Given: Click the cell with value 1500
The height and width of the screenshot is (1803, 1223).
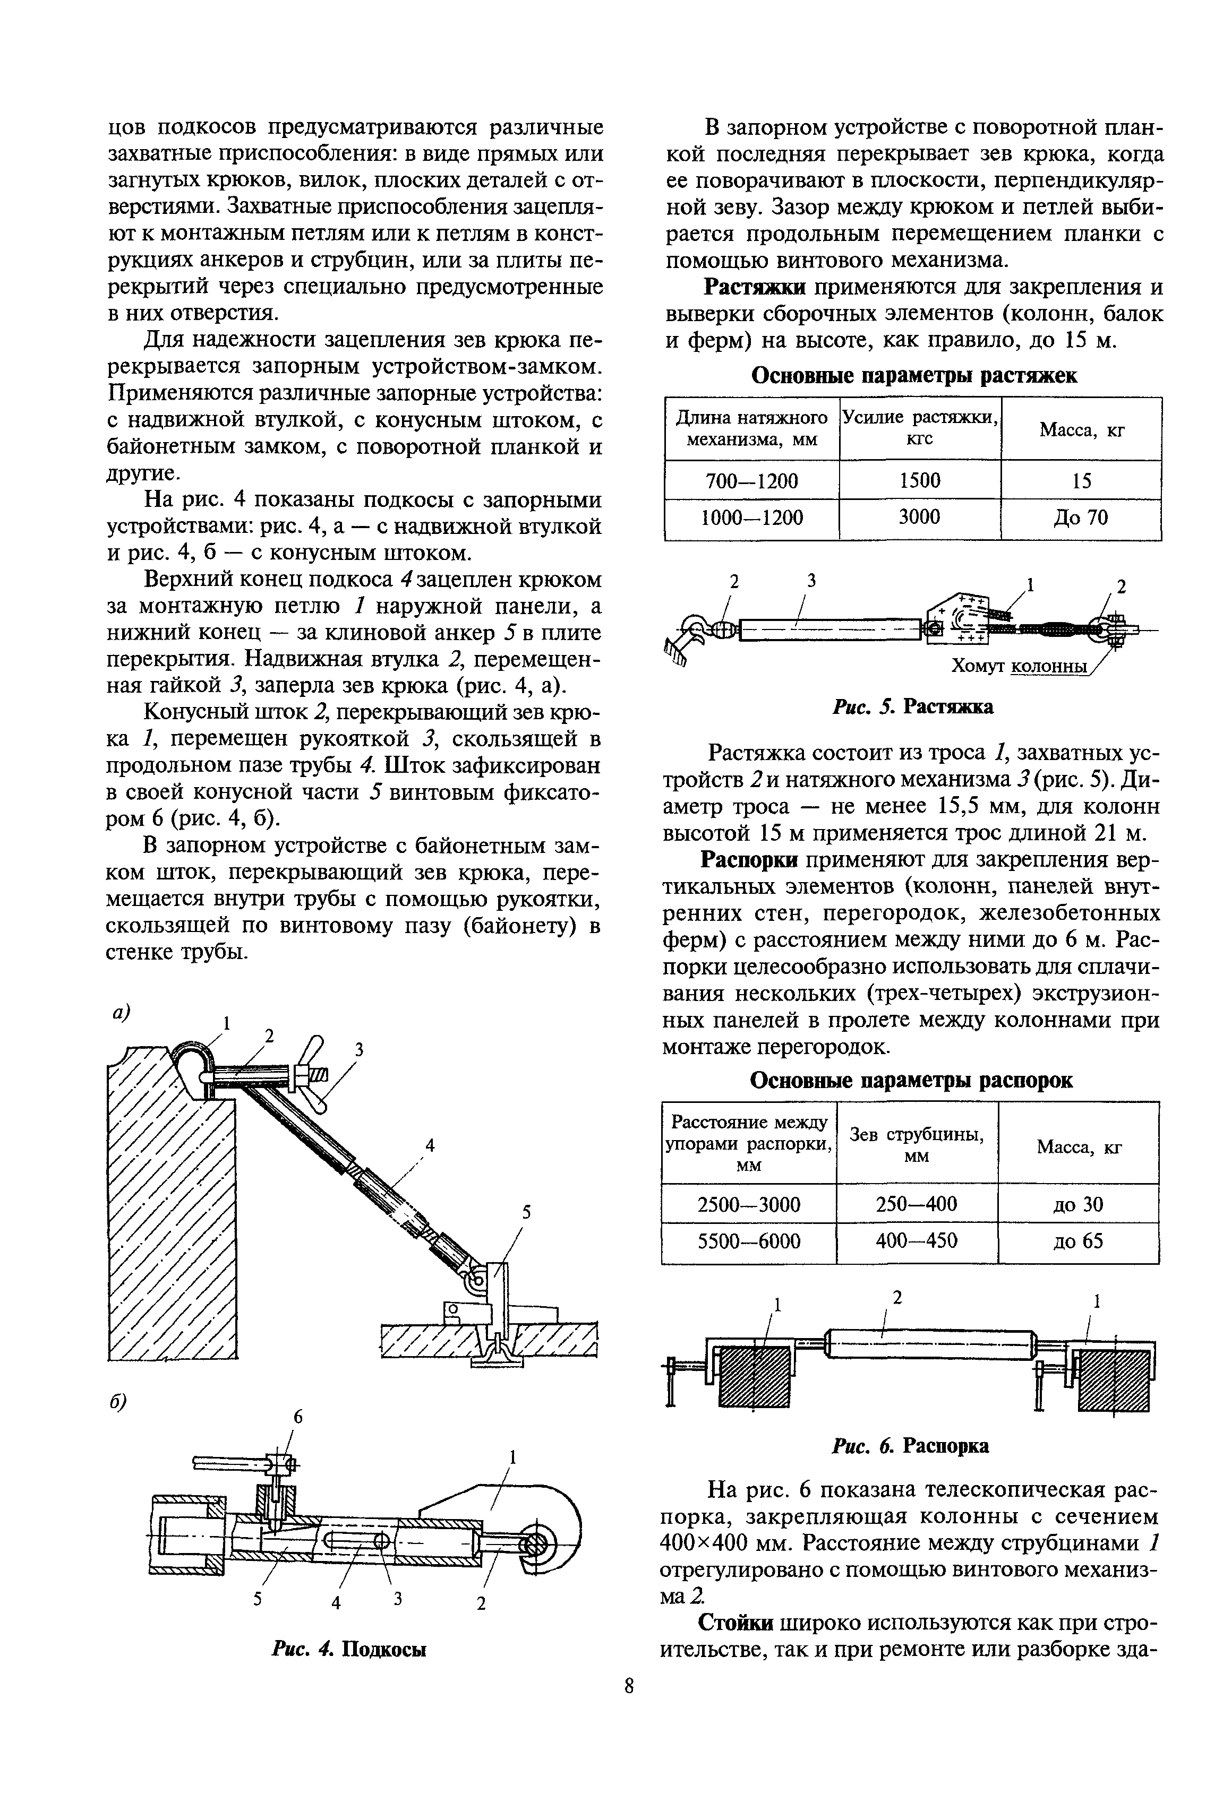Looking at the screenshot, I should (920, 480).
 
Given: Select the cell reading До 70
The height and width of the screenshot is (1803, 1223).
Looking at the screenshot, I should (1081, 517).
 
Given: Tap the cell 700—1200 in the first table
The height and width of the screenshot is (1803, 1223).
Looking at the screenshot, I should (751, 481).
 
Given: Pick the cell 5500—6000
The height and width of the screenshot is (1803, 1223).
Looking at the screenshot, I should (749, 1241).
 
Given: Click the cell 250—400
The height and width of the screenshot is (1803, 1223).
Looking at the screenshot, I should (917, 1204).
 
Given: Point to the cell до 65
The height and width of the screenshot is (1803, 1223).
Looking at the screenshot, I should (1078, 1241).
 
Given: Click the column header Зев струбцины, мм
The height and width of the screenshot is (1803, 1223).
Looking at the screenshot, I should (917, 1144).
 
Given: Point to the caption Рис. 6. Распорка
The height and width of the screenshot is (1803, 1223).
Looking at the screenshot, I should (910, 1446).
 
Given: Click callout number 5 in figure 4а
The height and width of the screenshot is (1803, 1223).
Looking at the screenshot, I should (526, 1213).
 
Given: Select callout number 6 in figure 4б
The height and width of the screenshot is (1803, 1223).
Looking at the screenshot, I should (296, 1418).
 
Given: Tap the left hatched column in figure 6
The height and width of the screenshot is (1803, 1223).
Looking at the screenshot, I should (754, 1374).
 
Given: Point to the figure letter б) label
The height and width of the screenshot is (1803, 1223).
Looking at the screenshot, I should (117, 1403).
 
